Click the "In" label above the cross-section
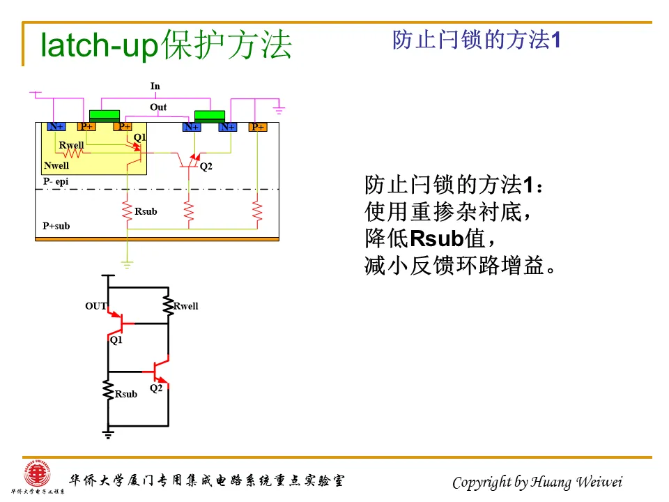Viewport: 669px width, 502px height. click(155, 86)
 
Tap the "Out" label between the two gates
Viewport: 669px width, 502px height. click(158, 107)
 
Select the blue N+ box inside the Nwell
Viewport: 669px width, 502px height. click(56, 126)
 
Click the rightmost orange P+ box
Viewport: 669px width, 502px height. click(258, 127)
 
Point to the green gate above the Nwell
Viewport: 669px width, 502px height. click(105, 114)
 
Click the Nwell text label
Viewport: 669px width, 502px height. click(56, 166)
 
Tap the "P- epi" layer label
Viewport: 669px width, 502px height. click(56, 181)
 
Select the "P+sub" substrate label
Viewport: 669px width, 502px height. click(56, 226)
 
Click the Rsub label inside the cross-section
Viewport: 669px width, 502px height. click(146, 211)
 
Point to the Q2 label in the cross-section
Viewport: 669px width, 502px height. click(206, 167)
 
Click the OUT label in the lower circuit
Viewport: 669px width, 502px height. click(96, 306)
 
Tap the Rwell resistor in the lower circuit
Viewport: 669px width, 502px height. click(168, 305)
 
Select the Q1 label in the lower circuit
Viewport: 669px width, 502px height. click(116, 340)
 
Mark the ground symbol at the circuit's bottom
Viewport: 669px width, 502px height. click(108, 434)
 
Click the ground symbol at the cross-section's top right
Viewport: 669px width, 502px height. click(279, 109)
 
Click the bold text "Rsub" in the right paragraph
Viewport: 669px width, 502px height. click(437, 238)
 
